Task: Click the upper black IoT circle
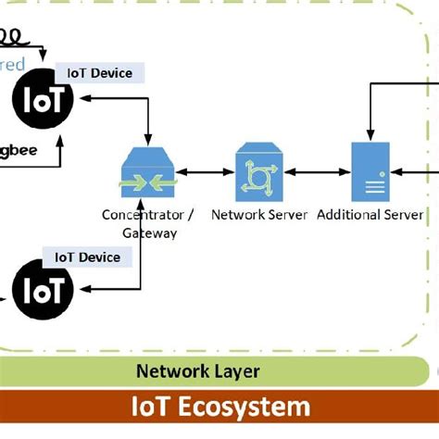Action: (44, 99)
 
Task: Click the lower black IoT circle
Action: (44, 290)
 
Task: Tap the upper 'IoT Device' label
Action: (100, 73)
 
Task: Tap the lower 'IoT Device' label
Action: (88, 257)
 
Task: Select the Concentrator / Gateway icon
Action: (148, 173)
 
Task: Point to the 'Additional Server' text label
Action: (370, 215)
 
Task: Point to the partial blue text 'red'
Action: (12, 64)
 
